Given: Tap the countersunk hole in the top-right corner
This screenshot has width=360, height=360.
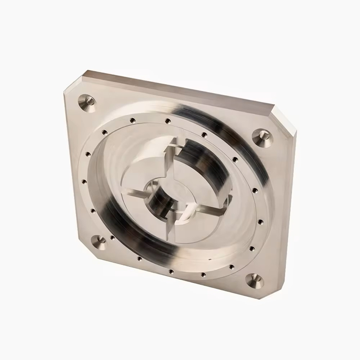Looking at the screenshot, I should [x=260, y=136].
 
